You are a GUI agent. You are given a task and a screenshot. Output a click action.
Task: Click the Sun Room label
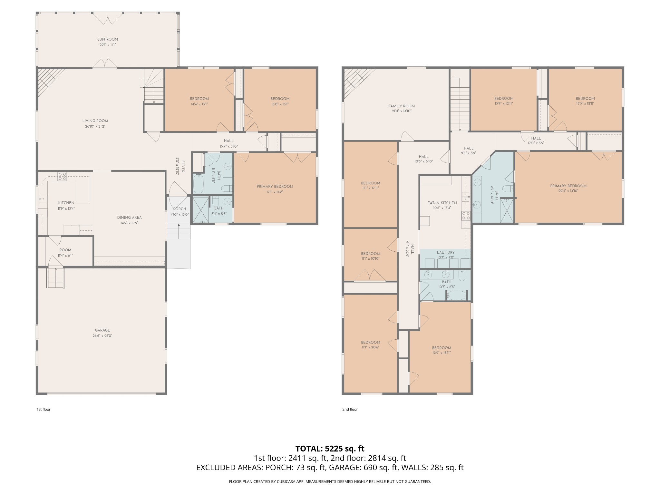tap(108, 39)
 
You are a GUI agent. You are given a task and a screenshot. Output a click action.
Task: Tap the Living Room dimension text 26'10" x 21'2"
tap(95, 127)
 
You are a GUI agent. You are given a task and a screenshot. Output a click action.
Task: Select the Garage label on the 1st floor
tap(102, 330)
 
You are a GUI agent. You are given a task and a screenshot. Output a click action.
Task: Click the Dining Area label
tap(129, 218)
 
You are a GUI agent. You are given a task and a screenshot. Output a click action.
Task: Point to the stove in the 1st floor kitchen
tap(62, 176)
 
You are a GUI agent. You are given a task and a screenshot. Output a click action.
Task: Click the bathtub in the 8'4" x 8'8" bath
tap(198, 184)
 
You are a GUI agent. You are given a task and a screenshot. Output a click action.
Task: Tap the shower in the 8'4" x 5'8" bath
tap(200, 209)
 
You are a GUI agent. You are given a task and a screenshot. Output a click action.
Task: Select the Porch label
tap(180, 209)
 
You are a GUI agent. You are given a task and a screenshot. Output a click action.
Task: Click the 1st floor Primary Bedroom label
tap(275, 187)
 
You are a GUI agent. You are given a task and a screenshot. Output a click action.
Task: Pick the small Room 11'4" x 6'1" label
tap(65, 250)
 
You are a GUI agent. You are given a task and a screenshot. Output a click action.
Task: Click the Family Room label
tap(402, 106)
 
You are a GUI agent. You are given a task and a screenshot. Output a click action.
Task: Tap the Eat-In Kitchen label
tap(442, 203)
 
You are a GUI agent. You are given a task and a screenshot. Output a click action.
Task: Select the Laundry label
tap(446, 253)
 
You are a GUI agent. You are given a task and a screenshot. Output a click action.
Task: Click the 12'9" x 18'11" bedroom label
tap(442, 348)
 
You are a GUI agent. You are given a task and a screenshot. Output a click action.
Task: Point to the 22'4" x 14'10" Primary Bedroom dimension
tap(568, 191)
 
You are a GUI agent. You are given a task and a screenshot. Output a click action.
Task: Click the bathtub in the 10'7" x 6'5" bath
tap(456, 295)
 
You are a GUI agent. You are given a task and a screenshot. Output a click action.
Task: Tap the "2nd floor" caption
tap(350, 409)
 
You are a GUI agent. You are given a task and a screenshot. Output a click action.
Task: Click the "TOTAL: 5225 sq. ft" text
tap(330, 449)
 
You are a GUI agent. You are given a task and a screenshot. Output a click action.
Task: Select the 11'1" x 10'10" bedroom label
tap(371, 254)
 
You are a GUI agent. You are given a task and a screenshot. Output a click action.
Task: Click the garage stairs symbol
tap(56, 278)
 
